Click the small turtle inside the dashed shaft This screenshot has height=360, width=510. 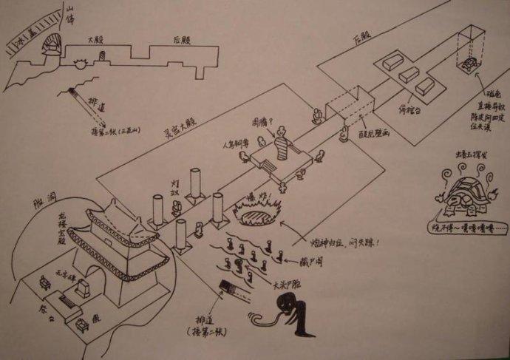click(x=469, y=67)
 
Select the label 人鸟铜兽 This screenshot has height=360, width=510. click(x=230, y=147)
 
